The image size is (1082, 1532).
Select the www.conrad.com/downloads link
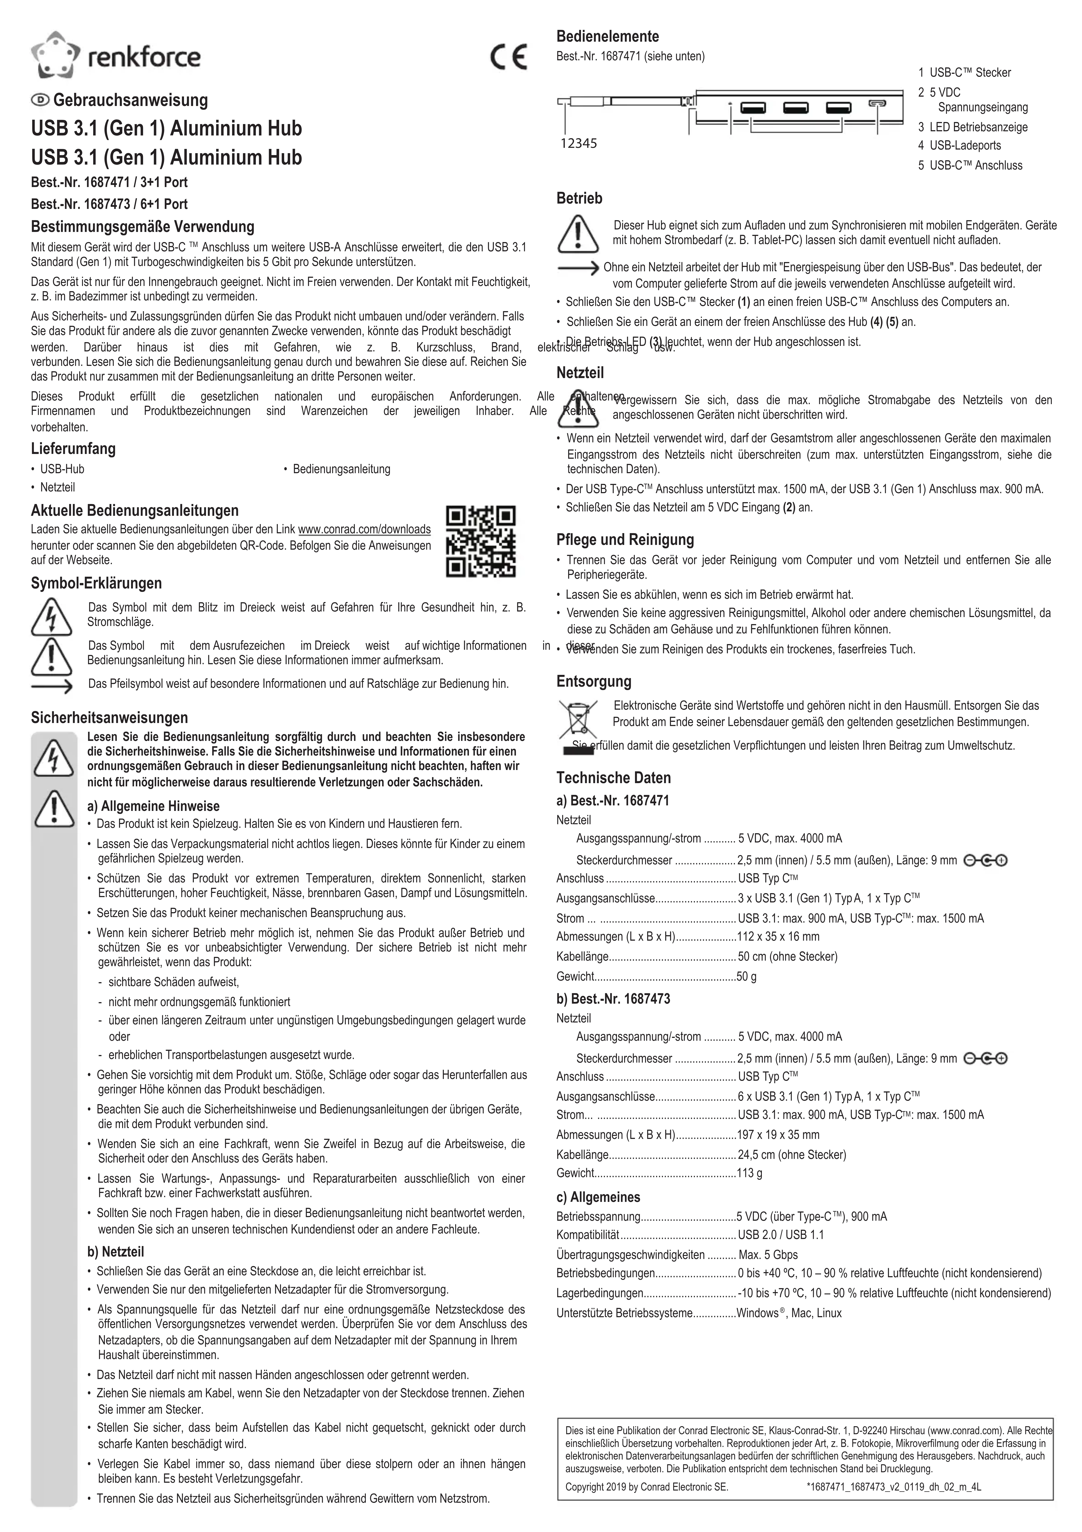[x=364, y=529]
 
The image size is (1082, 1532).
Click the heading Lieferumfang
[x=73, y=448]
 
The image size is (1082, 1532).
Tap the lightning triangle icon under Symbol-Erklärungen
[x=51, y=617]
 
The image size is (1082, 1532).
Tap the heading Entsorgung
[x=594, y=681]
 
